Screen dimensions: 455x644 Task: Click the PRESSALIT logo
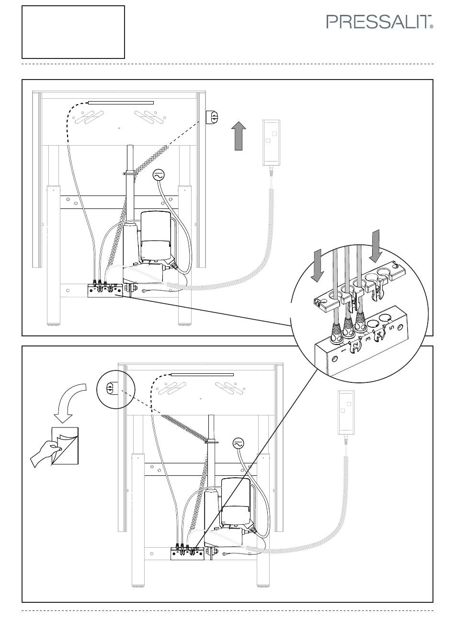tap(379, 22)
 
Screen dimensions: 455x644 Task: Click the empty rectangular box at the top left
tap(73, 32)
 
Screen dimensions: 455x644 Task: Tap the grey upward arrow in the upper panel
tap(239, 136)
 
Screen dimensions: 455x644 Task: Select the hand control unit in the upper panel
tap(272, 143)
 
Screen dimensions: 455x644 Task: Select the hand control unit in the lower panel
tap(346, 413)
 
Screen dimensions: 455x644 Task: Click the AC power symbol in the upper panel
tap(159, 174)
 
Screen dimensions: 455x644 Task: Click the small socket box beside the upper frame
tap(212, 117)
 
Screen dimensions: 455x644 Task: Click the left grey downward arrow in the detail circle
tap(318, 265)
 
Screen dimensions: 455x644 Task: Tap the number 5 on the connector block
tap(391, 327)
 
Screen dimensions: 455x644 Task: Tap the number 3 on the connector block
tap(368, 339)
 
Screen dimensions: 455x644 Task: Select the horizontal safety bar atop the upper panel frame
tap(121, 103)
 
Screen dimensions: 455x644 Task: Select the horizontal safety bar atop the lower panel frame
tap(202, 375)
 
